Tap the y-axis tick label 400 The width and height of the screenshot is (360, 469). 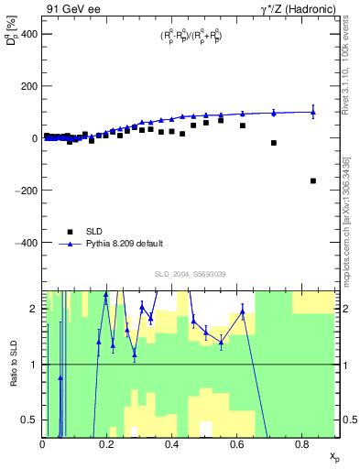[28, 33]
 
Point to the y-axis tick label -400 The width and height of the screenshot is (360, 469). [27, 243]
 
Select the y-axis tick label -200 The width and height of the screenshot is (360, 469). [27, 191]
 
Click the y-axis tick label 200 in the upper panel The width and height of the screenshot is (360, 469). [28, 85]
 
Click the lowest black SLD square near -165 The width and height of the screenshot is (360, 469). [313, 181]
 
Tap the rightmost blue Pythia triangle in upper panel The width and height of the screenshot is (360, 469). [313, 113]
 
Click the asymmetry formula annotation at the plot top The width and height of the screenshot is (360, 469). [190, 37]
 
